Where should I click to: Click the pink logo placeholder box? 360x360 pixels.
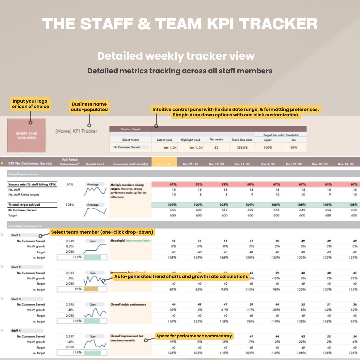click(27, 135)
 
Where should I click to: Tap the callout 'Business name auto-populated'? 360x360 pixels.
click(89, 107)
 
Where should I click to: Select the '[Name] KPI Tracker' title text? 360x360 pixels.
click(76, 131)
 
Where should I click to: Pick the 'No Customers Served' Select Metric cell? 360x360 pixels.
click(127, 147)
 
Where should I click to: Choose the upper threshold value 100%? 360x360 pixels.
click(268, 147)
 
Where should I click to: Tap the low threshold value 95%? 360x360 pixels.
click(294, 147)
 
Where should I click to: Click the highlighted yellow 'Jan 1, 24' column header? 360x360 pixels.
click(164, 164)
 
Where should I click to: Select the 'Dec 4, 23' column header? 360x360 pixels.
click(268, 164)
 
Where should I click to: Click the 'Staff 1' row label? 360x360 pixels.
click(16, 235)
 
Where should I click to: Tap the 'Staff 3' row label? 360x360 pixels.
click(16, 299)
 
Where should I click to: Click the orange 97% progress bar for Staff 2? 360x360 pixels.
click(91, 289)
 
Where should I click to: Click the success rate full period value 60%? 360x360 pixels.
click(70, 184)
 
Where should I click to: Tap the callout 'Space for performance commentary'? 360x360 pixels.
click(194, 336)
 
